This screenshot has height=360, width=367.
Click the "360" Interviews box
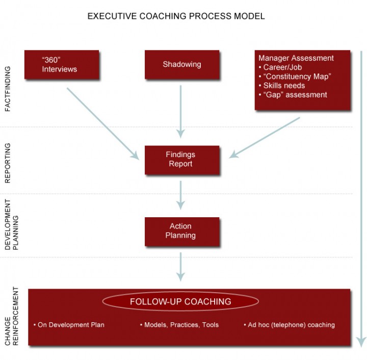tap(62, 65)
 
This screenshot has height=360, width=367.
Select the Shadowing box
tap(182, 65)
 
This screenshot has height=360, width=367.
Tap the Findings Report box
tap(182, 160)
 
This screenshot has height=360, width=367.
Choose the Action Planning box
tap(182, 232)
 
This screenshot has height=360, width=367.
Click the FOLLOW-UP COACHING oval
tap(180, 301)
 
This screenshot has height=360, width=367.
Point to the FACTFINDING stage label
tap(8, 89)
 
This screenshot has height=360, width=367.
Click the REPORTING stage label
tap(8, 163)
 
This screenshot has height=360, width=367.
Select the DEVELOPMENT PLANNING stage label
tap(11, 225)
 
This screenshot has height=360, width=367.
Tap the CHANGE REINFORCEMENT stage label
tap(11, 316)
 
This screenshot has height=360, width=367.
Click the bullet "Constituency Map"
tap(295, 76)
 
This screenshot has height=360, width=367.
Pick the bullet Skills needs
tap(282, 86)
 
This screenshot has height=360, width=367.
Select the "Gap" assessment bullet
tap(293, 95)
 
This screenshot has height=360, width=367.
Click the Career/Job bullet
tap(280, 67)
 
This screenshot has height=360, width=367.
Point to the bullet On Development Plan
tap(69, 325)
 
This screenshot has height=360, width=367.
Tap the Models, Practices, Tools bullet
tap(179, 325)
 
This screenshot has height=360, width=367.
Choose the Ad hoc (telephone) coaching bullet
tap(290, 325)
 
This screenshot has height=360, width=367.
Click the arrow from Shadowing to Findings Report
tap(180, 112)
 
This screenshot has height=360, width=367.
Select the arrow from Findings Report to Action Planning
tap(180, 195)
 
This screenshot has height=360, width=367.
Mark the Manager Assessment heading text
tap(296, 58)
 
